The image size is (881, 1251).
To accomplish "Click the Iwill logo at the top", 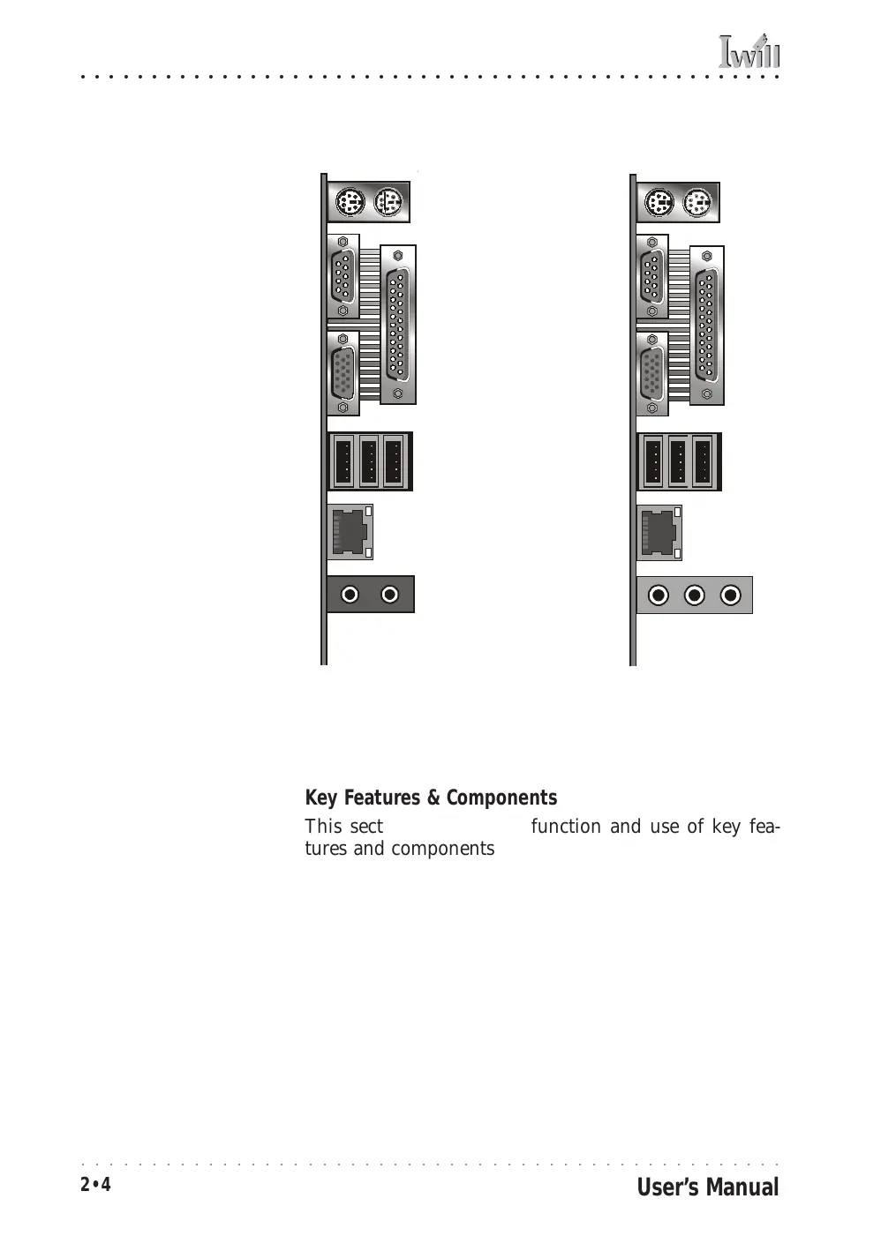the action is [x=749, y=52].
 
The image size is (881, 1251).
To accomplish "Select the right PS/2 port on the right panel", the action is [x=697, y=204].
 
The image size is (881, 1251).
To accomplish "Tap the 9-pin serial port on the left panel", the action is [x=343, y=276].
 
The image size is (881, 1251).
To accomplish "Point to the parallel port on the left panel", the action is [x=397, y=325].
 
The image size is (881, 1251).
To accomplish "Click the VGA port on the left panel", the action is [x=343, y=374].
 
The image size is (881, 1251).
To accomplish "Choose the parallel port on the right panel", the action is [x=706, y=326].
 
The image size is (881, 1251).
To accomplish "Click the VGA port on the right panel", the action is [x=651, y=374].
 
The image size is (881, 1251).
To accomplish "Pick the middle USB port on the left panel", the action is [x=369, y=461].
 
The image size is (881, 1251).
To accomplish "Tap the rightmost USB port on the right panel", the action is [x=703, y=461].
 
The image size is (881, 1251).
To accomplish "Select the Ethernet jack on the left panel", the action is [x=350, y=532].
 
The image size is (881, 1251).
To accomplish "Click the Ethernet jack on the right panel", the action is [x=659, y=533].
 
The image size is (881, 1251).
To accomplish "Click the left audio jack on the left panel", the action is [x=350, y=595].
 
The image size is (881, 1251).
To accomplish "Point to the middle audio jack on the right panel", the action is [x=695, y=596].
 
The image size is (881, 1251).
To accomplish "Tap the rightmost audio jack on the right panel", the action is [x=730, y=596].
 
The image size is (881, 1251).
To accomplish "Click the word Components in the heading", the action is [x=501, y=798].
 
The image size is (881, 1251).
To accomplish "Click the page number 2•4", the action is [x=95, y=1185].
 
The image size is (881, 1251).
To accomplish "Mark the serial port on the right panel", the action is [x=651, y=276].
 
